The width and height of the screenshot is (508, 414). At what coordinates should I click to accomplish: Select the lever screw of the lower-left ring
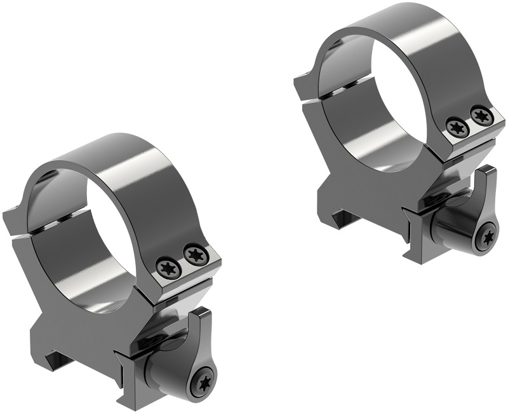click(x=205, y=382)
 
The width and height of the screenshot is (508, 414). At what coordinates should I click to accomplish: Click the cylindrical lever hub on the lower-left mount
click(x=170, y=376)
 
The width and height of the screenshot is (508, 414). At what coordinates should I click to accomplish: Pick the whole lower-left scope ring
click(x=114, y=267)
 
